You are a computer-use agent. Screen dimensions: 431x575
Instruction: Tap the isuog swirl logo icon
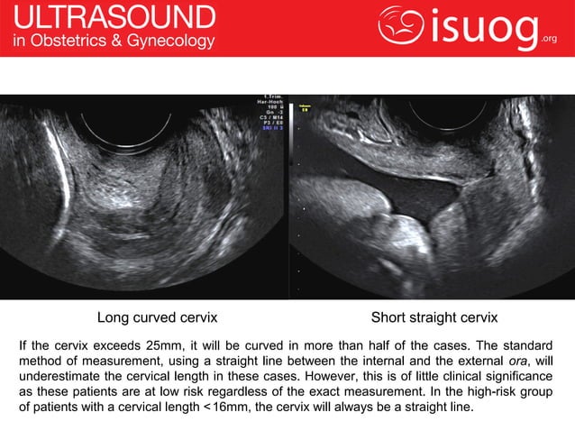(400, 27)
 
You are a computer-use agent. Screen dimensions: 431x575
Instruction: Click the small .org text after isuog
(550, 38)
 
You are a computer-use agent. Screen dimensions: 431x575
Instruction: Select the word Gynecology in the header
(172, 41)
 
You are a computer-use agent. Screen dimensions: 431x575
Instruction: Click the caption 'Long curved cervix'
(157, 318)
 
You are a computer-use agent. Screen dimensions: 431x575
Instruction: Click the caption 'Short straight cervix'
(434, 318)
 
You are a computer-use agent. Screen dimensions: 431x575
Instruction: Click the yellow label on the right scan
(305, 107)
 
